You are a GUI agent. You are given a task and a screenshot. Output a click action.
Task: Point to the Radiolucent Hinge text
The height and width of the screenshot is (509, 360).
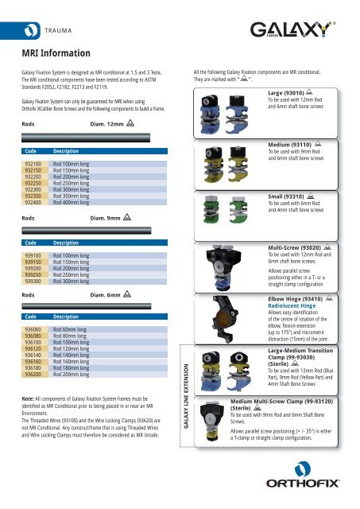click(297, 306)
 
